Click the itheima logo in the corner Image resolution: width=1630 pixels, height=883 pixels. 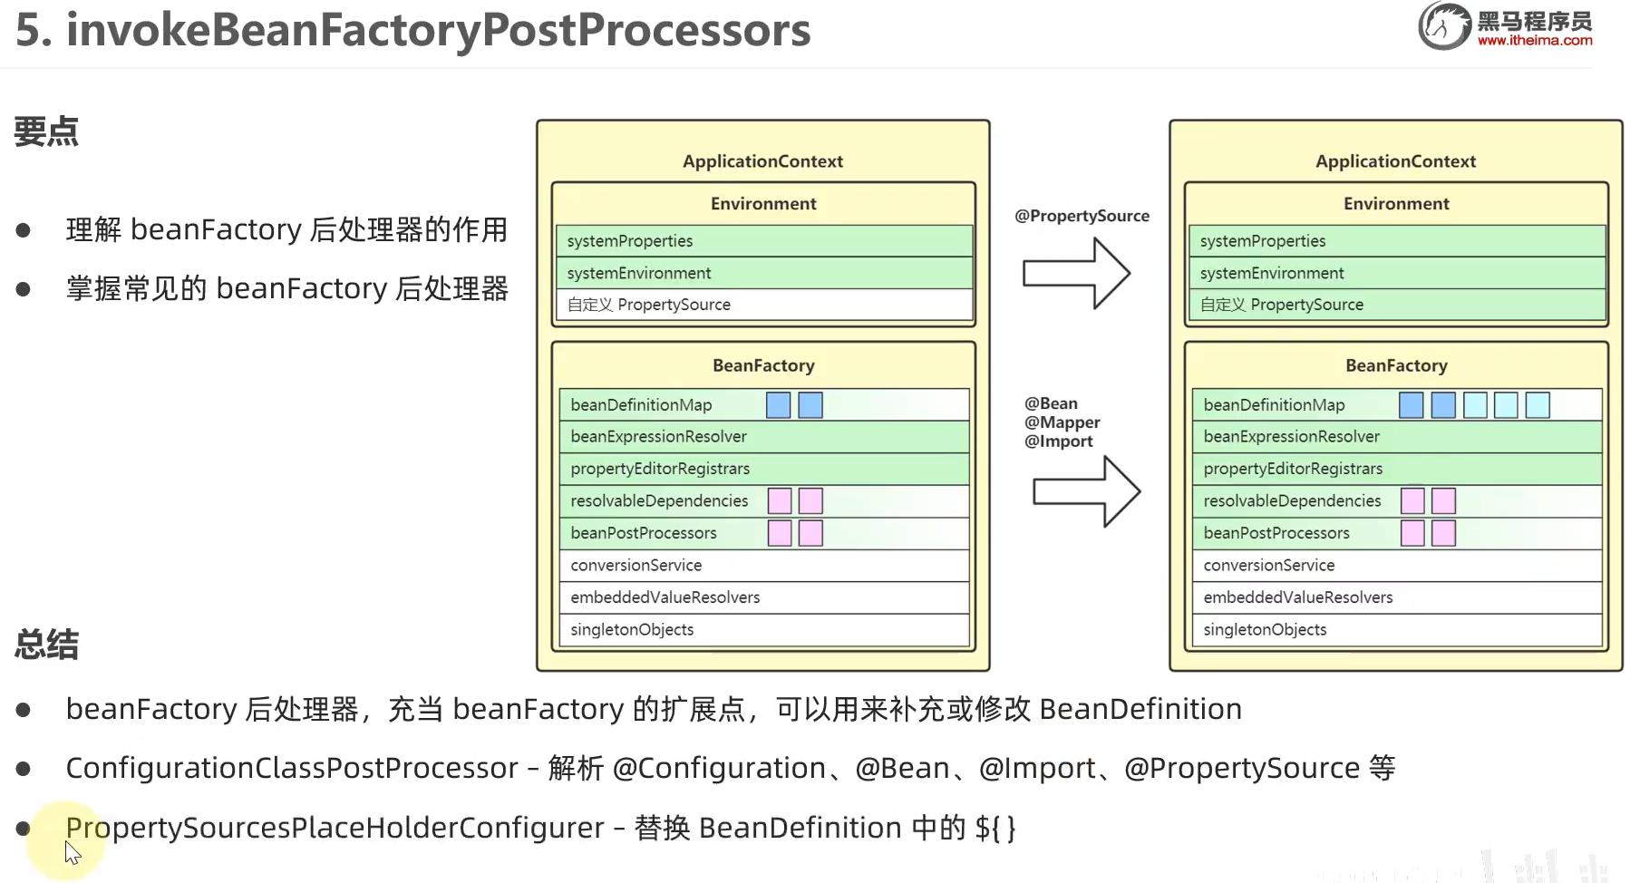coord(1506,25)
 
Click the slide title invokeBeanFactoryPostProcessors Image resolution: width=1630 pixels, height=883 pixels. coord(412,30)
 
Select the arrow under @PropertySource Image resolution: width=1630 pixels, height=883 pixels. coord(1076,273)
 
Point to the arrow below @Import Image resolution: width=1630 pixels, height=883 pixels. coord(1086,491)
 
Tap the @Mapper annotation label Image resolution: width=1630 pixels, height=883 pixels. coord(1062,422)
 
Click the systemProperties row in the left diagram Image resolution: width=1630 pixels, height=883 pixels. coord(763,241)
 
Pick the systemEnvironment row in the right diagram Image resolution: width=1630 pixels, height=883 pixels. coord(1396,273)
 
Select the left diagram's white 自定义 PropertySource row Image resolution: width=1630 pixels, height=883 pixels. coord(763,305)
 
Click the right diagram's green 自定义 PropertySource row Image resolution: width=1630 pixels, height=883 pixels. coord(1396,305)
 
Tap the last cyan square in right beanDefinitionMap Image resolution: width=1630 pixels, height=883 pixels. coord(1538,405)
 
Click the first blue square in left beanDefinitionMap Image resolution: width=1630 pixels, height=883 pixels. coord(778,405)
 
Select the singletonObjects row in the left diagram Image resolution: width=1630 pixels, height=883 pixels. coord(763,629)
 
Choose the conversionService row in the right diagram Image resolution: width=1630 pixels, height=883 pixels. coord(1396,565)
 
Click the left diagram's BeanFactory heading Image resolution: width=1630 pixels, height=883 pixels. coord(763,365)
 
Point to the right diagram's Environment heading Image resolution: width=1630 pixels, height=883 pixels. coord(1396,204)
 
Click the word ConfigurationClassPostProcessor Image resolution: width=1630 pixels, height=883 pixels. coord(292,768)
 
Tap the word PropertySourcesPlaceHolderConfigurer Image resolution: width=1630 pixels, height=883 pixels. coord(335,828)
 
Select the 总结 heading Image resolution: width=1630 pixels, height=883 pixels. coord(46,645)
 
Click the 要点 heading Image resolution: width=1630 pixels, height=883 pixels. coord(46,132)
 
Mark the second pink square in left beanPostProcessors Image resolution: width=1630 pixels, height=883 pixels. coord(810,533)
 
